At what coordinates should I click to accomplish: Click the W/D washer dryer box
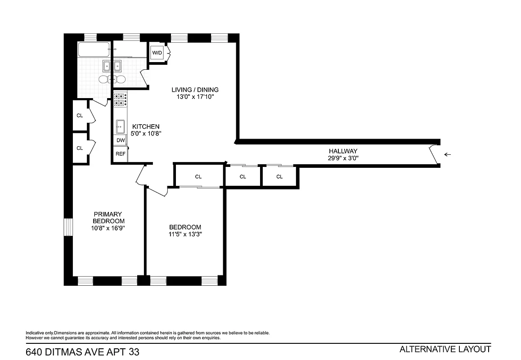[157, 53]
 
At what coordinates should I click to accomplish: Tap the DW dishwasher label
[121, 140]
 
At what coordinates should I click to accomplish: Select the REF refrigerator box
[121, 154]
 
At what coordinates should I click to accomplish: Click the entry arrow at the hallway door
[448, 155]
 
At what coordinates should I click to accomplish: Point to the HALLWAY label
[343, 151]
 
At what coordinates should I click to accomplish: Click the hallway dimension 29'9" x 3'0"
[343, 158]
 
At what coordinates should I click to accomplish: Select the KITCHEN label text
[145, 126]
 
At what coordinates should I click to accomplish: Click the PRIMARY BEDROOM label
[108, 217]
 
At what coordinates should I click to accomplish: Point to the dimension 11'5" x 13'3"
[185, 234]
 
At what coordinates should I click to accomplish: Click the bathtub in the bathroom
[94, 49]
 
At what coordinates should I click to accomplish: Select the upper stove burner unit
[120, 96]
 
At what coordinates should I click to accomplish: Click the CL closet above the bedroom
[198, 177]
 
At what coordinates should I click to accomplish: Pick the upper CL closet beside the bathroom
[80, 116]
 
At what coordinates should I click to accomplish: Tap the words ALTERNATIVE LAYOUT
[445, 349]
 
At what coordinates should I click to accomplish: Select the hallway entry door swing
[434, 155]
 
